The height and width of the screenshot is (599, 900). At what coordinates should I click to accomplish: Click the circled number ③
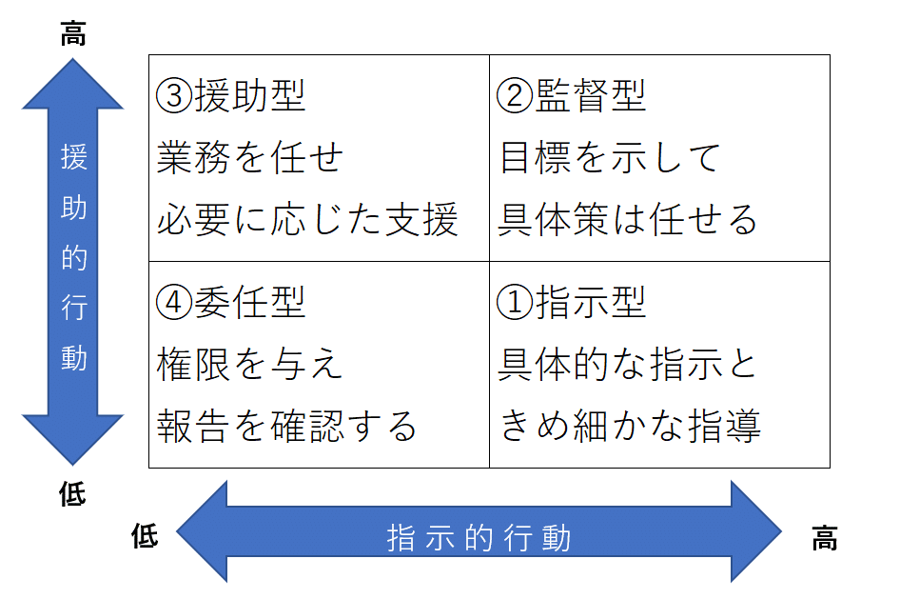pyautogui.click(x=174, y=96)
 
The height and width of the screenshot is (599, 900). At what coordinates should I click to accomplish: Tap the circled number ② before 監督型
pyautogui.click(x=515, y=96)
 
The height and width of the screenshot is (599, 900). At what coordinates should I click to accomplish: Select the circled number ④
pyautogui.click(x=174, y=303)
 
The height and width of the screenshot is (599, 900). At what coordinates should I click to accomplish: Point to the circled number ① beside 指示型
pyautogui.click(x=515, y=303)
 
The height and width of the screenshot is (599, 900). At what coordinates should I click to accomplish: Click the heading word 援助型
pyautogui.click(x=249, y=96)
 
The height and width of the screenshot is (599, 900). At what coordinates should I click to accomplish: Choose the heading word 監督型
pyautogui.click(x=590, y=96)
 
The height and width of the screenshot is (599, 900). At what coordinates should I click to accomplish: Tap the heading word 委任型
pyautogui.click(x=249, y=303)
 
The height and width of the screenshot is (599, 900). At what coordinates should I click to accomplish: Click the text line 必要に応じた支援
pyautogui.click(x=307, y=220)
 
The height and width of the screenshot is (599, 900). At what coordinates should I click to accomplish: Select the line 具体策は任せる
pyautogui.click(x=629, y=220)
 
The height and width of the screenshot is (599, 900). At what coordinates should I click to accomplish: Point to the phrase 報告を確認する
pyautogui.click(x=287, y=427)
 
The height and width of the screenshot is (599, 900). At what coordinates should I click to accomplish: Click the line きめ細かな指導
pyautogui.click(x=631, y=427)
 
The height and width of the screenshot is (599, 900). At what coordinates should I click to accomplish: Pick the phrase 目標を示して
pyautogui.click(x=610, y=158)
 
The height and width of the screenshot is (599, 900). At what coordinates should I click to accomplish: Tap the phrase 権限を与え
pyautogui.click(x=249, y=365)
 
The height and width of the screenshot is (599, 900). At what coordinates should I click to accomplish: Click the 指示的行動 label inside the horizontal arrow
pyautogui.click(x=479, y=538)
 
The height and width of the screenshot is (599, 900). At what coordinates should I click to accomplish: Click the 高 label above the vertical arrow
pyautogui.click(x=73, y=35)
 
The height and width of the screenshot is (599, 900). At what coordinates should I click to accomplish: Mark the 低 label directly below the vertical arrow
pyautogui.click(x=73, y=494)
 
